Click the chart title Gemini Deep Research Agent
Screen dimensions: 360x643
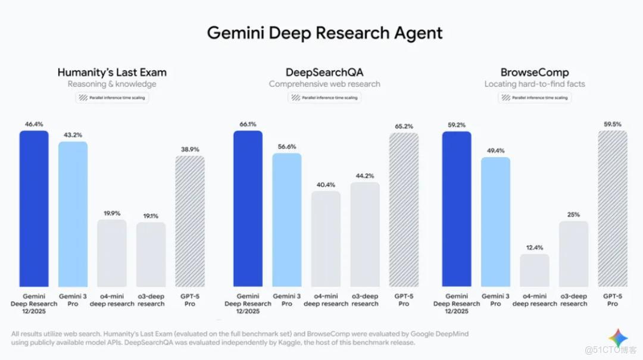coord(324,33)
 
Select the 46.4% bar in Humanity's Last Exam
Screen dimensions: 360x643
coord(34,208)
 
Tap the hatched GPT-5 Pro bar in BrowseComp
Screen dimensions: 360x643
coord(612,208)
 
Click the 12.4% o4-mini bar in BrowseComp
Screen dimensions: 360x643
coord(535,271)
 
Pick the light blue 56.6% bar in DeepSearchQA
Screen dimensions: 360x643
coord(287,220)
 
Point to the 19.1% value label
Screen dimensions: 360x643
coord(151,217)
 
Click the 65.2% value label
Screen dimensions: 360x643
coord(404,127)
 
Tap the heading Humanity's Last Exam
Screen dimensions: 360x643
coord(112,73)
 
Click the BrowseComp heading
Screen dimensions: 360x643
coord(534,73)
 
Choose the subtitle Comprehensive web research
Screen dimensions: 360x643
coord(324,84)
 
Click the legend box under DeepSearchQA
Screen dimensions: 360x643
coord(324,98)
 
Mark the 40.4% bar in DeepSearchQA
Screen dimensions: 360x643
coord(326,239)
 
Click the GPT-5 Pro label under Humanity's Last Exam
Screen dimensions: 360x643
coord(190,300)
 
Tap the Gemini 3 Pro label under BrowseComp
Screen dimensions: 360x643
coord(495,300)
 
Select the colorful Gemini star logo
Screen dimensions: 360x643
coord(617,337)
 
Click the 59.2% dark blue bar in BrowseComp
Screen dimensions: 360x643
coord(457,208)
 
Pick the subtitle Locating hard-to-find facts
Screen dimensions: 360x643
coord(534,84)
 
